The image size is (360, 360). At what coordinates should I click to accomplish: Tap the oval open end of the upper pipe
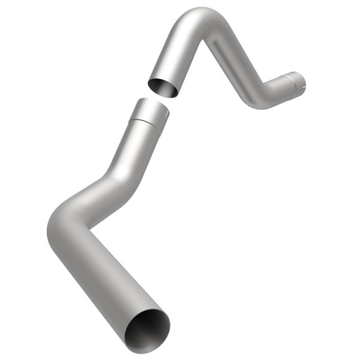(163, 86)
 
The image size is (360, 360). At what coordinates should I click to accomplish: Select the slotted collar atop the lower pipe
(150, 110)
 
